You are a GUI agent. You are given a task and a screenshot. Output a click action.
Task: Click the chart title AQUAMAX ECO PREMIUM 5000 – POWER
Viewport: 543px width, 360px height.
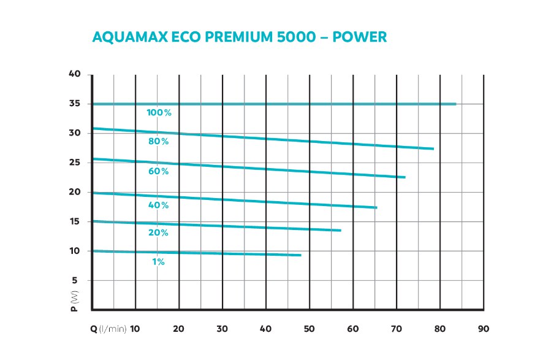pos(239,37)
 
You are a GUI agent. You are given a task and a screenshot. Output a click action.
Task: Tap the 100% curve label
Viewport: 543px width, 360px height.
pos(159,113)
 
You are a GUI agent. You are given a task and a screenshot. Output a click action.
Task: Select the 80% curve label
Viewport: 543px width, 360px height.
pos(158,142)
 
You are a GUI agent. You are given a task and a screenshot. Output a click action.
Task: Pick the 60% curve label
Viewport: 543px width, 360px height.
pos(158,171)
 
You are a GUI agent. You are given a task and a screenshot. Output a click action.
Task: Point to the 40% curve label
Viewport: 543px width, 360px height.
pos(158,205)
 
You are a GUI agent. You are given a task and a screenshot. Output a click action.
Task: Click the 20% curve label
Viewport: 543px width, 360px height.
pos(158,233)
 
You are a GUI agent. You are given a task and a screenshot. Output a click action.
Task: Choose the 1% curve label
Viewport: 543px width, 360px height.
pos(158,262)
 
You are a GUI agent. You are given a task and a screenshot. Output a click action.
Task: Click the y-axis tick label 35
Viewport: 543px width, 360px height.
pos(75,104)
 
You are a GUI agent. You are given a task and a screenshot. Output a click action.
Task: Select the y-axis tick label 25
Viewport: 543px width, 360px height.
pos(75,163)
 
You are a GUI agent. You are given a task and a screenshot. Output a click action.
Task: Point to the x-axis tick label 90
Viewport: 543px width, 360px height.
pos(484,329)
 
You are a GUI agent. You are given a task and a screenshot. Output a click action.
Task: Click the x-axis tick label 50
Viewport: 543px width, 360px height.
pos(309,329)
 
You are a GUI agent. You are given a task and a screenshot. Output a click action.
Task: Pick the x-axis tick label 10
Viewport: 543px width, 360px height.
pos(135,329)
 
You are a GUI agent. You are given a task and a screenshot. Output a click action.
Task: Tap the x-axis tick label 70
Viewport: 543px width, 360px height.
pos(397,329)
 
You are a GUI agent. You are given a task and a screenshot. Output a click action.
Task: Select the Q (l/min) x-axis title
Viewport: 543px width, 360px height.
pos(109,329)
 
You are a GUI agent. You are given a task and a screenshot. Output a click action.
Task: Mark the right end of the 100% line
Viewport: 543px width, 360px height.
pos(455,104)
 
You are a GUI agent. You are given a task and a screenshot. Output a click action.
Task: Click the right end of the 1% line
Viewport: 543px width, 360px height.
pos(300,255)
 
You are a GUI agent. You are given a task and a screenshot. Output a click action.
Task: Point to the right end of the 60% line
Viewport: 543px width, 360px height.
pos(404,177)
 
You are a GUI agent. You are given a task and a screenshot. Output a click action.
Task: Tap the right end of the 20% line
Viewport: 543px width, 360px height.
pos(340,231)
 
